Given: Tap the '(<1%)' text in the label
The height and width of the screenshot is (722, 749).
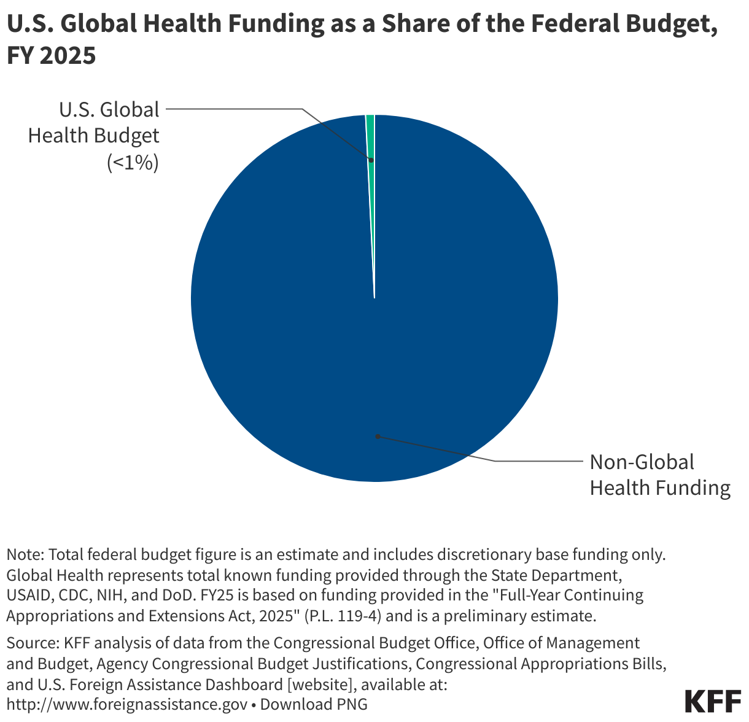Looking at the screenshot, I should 133,163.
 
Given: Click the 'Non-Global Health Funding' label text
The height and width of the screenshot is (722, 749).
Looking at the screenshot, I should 659,475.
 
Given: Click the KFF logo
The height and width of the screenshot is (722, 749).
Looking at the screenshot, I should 713,700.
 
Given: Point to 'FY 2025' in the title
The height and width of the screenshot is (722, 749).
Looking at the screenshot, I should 52,56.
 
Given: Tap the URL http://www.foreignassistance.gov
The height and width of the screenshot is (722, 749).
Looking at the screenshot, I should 127,704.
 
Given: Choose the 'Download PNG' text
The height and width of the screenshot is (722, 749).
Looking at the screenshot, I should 314,704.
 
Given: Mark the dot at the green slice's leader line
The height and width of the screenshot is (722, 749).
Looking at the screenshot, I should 371,160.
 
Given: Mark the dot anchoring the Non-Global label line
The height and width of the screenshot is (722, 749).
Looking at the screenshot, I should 378,437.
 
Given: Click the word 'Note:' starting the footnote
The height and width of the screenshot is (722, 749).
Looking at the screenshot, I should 25,554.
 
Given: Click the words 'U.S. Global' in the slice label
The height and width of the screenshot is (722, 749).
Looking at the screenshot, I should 109,110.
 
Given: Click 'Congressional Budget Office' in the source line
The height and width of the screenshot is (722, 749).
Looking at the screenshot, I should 375,643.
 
